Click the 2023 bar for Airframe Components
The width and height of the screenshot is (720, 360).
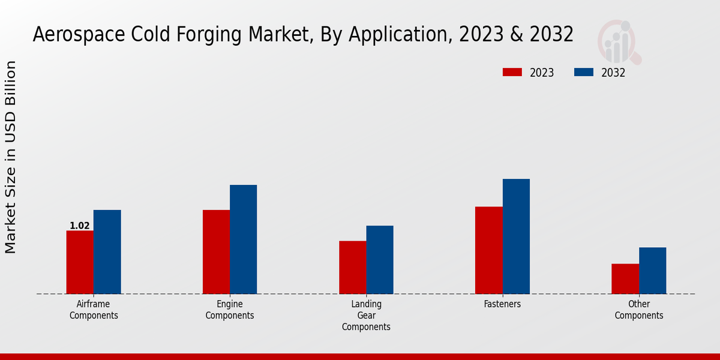tap(80, 262)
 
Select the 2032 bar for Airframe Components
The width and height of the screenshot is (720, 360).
tap(107, 252)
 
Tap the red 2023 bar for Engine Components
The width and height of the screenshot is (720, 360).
tap(216, 252)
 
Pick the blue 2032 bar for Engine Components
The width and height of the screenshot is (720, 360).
tap(243, 239)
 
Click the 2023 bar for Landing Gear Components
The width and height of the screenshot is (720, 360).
tap(352, 268)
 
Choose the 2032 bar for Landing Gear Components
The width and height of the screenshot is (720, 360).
tap(380, 260)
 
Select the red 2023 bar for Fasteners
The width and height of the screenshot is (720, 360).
tap(488, 250)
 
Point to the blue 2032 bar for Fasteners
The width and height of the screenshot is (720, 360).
tap(516, 236)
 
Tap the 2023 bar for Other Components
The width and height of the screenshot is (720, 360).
tap(625, 279)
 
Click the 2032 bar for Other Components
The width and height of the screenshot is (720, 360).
tap(652, 271)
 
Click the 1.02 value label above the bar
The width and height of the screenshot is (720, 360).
tap(80, 226)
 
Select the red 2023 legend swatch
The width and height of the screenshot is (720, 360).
tap(512, 73)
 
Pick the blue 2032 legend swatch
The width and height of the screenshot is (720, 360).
tap(584, 73)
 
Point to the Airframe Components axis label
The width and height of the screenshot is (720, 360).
tap(94, 310)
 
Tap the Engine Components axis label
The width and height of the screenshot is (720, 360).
tap(230, 310)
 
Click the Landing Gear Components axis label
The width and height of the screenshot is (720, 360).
tap(366, 316)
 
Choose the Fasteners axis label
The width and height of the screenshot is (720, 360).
tap(502, 304)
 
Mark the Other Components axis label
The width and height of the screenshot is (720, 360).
tap(639, 310)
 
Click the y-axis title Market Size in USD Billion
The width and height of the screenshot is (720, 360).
tap(11, 157)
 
